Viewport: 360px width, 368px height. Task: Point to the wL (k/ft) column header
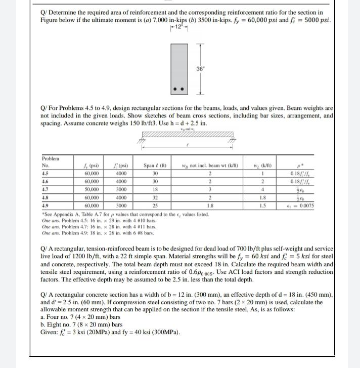coord(263,165)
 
